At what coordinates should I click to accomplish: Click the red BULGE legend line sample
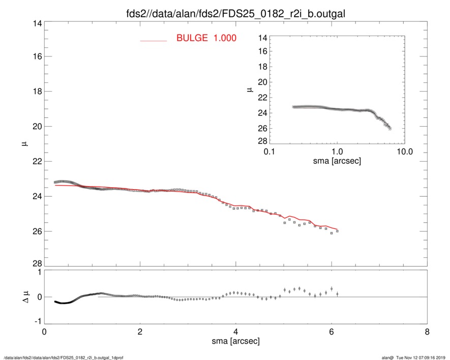coord(154,40)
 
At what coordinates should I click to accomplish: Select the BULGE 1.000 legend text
coord(206,38)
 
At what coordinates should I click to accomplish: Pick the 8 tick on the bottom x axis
coord(427,332)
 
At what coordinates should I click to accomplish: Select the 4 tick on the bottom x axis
coord(235,332)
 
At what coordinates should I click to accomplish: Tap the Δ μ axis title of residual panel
coord(23,297)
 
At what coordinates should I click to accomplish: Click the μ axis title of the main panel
coord(24,144)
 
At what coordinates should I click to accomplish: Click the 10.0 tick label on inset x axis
coord(404,152)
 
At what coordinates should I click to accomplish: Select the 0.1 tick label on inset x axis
coord(269,152)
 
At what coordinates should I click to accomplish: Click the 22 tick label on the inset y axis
coord(263,98)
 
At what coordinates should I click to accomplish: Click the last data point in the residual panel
coord(337,294)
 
